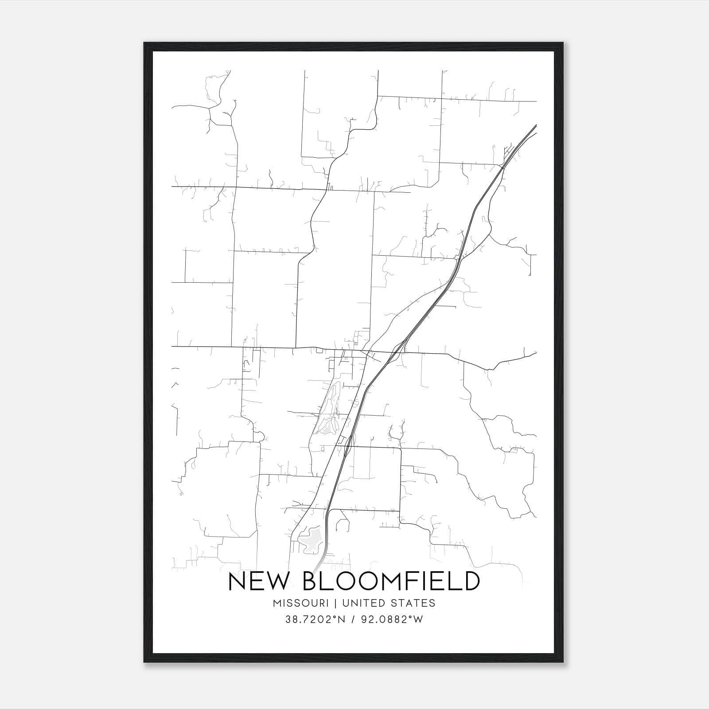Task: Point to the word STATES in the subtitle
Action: click(x=415, y=603)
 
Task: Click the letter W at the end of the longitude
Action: click(x=418, y=620)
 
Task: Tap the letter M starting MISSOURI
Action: click(x=277, y=603)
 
